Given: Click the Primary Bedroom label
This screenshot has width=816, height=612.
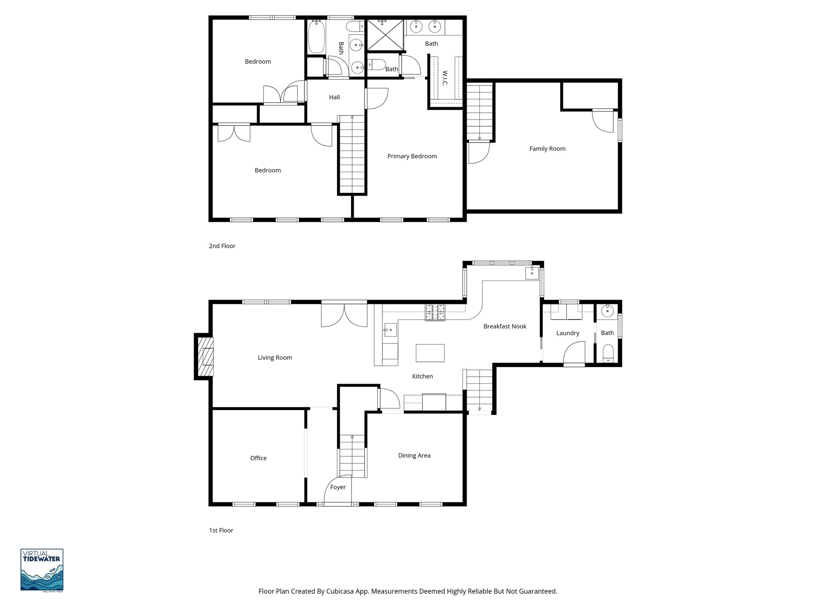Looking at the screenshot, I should (x=412, y=156).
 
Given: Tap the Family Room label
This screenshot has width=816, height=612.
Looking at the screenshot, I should (x=547, y=149).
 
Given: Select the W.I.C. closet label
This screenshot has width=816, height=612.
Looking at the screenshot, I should (x=445, y=78).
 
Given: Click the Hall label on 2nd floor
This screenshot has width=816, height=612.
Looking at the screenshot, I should (x=334, y=97).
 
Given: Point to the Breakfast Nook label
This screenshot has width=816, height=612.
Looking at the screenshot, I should (x=505, y=326).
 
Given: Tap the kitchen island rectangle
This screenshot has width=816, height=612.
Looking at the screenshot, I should (x=430, y=353).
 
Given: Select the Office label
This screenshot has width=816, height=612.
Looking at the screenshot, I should (x=258, y=458).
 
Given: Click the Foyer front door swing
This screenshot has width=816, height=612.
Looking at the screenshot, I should (x=337, y=490).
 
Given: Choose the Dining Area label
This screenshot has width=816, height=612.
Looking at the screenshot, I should (x=414, y=455).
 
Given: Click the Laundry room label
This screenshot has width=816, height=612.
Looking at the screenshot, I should (x=567, y=333).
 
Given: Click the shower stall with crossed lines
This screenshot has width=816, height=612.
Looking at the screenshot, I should (x=385, y=35).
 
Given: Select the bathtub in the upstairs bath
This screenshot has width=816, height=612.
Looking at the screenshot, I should (x=316, y=37).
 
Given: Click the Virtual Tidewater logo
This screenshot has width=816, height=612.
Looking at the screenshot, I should (x=42, y=570).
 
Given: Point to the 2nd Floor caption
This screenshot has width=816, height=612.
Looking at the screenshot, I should (x=222, y=246).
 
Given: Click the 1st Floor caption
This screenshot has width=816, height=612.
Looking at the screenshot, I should (x=221, y=530).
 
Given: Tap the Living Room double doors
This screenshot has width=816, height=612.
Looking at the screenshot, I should (x=344, y=316).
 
